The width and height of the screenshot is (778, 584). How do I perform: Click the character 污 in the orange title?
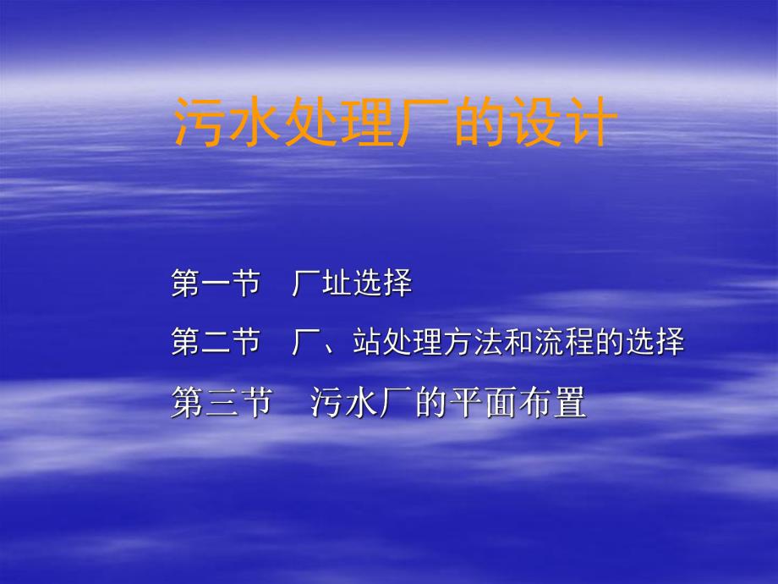click(200, 124)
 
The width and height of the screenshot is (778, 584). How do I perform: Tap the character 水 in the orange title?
click(254, 124)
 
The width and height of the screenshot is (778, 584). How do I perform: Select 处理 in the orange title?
click(335, 124)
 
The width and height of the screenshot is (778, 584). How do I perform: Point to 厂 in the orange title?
click(416, 124)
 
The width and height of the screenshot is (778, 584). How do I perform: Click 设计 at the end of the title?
click(553, 124)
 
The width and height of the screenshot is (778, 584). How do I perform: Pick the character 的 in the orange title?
click(471, 124)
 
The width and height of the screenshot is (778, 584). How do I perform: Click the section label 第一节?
click(215, 284)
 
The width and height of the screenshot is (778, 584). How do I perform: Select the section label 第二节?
click(215, 344)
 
